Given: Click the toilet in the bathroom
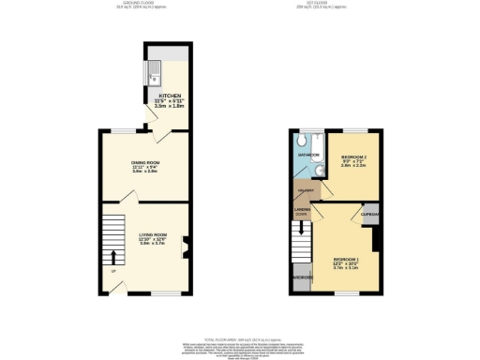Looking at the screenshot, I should pyautogui.click(x=300, y=142).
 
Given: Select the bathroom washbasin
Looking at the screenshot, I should pyautogui.click(x=318, y=170).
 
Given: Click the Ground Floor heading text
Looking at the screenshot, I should pyautogui.click(x=104, y=4).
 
